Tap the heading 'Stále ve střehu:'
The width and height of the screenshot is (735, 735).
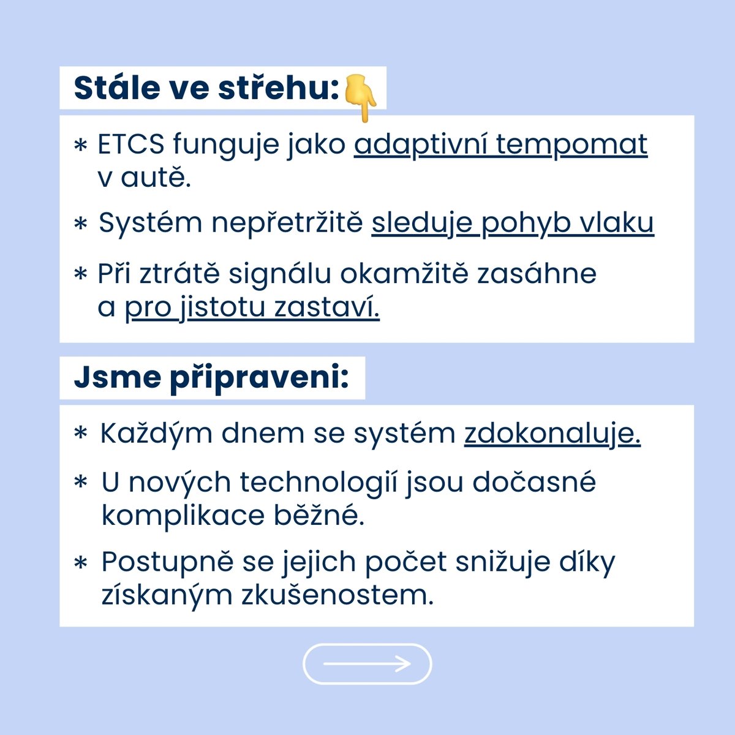click(206, 88)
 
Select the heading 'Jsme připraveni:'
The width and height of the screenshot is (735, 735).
click(211, 377)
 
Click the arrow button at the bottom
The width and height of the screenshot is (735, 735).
click(367, 663)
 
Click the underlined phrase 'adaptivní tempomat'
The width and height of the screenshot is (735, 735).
click(500, 145)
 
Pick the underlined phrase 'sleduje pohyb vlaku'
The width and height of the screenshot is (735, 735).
click(513, 223)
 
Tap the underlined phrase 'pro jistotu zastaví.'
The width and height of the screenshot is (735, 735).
click(252, 307)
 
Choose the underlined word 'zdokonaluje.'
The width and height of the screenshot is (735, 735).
click(552, 434)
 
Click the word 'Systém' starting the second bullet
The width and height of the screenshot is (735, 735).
click(151, 224)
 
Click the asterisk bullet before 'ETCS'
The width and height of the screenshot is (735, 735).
click(80, 146)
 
